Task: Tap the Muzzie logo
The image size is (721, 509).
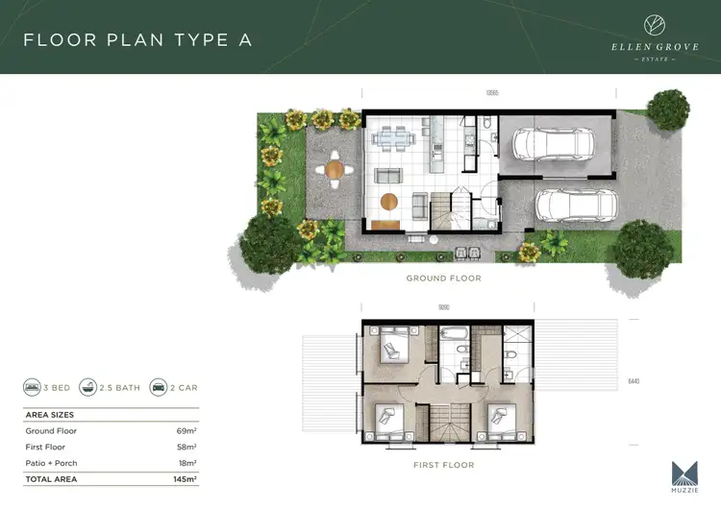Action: [x=684, y=474]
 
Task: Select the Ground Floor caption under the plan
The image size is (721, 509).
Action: [x=443, y=279]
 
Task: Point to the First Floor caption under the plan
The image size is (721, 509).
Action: [x=443, y=465]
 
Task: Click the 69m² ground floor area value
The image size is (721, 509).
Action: [x=186, y=431]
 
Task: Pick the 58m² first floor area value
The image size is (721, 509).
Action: [x=186, y=448]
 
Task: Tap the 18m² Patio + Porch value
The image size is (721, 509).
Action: [x=186, y=463]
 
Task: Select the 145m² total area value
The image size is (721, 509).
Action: [x=184, y=478]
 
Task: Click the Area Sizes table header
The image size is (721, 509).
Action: [x=49, y=415]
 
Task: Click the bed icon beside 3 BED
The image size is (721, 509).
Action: [x=33, y=388]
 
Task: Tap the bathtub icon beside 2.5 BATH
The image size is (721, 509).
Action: [x=88, y=388]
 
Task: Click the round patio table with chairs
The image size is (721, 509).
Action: [x=334, y=170]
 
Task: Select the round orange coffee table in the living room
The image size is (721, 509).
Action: [x=388, y=201]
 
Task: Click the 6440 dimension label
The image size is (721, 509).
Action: [x=634, y=381]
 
